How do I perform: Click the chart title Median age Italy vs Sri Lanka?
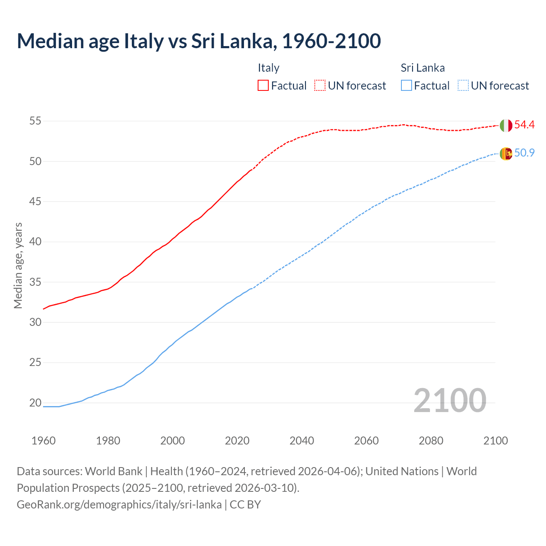(198, 41)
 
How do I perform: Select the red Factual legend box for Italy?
(263, 85)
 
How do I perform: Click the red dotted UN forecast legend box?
(320, 85)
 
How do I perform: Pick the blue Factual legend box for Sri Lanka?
(407, 85)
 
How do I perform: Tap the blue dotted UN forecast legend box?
(463, 85)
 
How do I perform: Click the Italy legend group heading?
(268, 68)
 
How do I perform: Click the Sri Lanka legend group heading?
(422, 68)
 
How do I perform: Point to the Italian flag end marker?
(506, 125)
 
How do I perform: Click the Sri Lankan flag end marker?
(506, 154)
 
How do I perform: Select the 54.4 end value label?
(524, 125)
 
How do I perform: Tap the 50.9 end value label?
(524, 153)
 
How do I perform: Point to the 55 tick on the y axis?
(35, 121)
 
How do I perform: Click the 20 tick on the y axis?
(35, 403)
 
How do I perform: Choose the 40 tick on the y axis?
(35, 242)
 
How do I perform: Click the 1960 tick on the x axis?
(44, 441)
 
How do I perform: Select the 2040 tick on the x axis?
(302, 441)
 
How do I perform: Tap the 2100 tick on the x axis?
(495, 441)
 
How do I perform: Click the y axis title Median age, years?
(18, 265)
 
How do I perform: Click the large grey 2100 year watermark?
(450, 401)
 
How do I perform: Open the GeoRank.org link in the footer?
(119, 505)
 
